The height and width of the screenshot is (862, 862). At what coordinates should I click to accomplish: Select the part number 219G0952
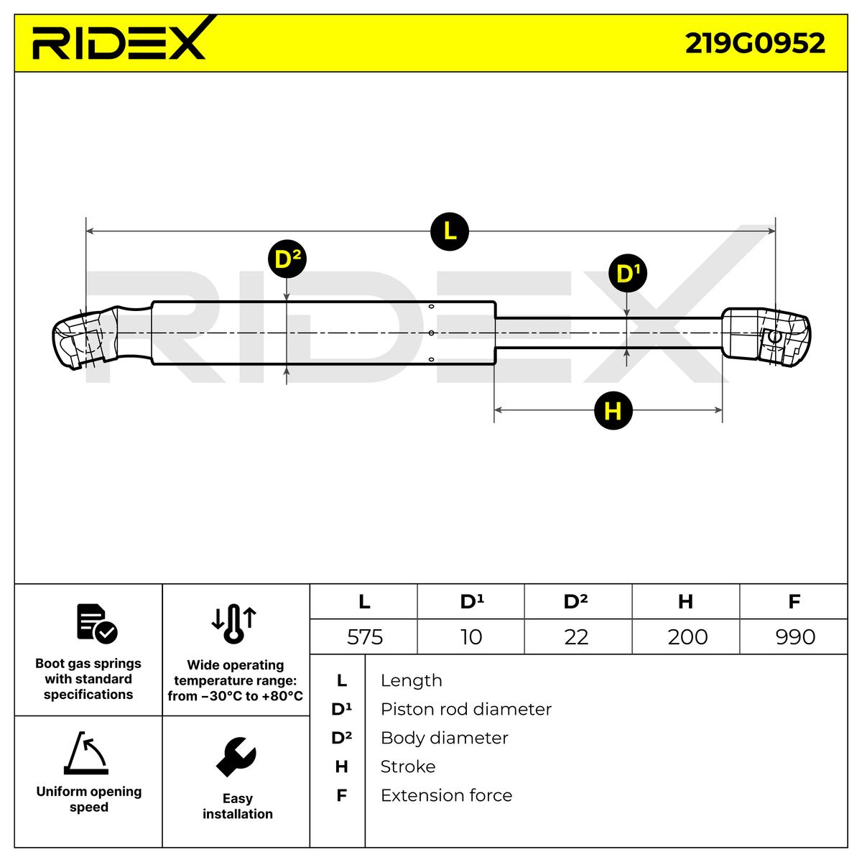coord(754,43)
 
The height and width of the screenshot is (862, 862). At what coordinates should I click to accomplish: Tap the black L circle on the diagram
coord(450,231)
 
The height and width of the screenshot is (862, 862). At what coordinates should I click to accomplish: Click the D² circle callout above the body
coord(287,260)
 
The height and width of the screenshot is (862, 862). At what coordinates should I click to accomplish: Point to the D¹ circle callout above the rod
coord(627,273)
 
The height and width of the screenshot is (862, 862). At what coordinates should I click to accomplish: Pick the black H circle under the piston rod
coord(613,411)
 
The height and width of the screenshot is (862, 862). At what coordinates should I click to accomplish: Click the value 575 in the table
coord(364,637)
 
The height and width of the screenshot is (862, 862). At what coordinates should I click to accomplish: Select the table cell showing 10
coord(471,637)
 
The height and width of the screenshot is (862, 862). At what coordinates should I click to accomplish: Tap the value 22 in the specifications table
coord(576,637)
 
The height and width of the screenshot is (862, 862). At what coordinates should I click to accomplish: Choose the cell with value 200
coord(687,637)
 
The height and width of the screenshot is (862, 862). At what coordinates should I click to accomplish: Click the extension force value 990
coord(795,637)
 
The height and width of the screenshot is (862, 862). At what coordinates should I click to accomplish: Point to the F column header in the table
coord(794,601)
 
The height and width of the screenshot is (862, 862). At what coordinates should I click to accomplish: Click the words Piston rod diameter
coord(465,709)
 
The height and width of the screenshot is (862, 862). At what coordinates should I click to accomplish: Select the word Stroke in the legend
coord(407,766)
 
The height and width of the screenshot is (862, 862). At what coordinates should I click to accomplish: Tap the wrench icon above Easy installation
coord(236,756)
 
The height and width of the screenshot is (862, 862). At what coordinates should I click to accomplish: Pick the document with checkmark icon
coord(96,624)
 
